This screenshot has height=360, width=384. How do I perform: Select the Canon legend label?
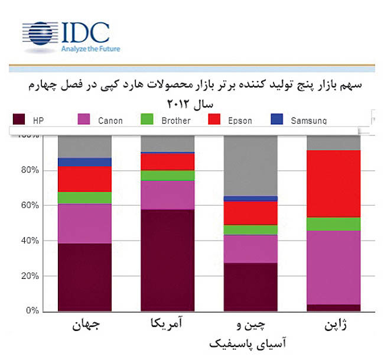coord(110,121)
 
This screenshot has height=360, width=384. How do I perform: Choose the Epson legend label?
coord(239,121)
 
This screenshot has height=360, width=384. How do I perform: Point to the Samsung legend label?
coord(308,121)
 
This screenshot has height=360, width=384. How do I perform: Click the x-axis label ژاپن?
coord(334,327)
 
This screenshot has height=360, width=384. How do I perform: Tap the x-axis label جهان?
coord(84,327)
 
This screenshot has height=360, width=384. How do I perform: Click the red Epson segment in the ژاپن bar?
coord(334,183)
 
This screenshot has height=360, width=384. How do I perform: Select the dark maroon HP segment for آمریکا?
coord(168,260)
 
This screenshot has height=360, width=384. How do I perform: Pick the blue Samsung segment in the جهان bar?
coord(84,162)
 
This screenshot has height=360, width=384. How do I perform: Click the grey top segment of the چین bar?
coord(250,166)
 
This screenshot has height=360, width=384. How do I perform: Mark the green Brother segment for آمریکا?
coord(168,176)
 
